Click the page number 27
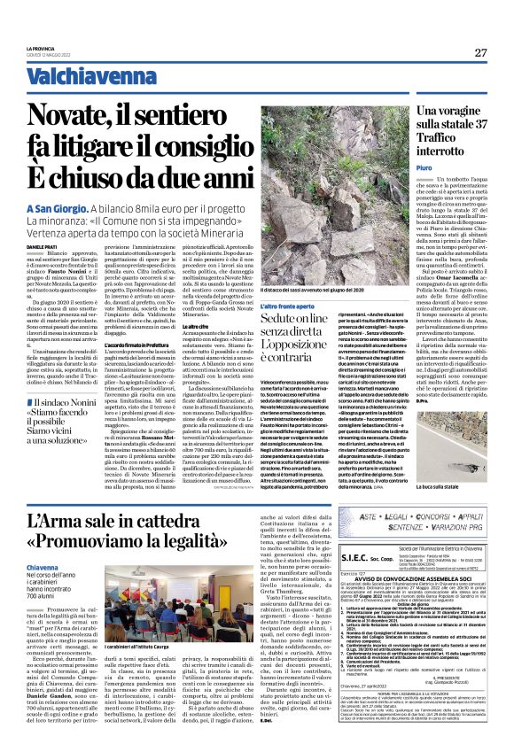click(480, 53)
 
